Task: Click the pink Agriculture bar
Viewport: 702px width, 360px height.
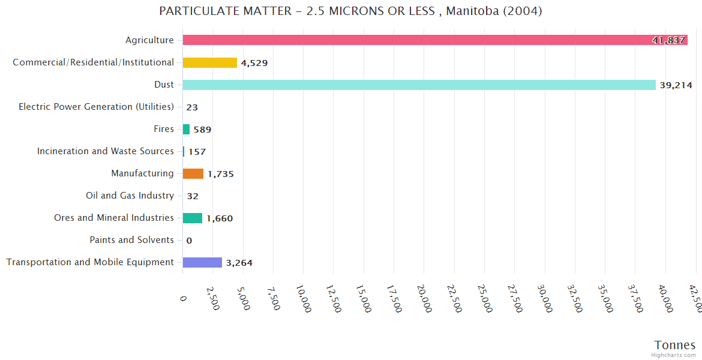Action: pos(420,40)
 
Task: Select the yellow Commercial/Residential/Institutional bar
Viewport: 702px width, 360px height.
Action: pos(210,62)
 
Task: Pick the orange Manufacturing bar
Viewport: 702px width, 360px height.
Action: pos(193,173)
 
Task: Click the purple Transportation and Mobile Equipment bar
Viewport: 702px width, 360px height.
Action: pos(202,262)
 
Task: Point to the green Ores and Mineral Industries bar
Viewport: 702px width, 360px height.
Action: pos(193,218)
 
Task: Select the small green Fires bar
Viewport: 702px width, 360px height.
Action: pos(186,129)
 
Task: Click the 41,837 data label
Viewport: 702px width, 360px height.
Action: pos(668,40)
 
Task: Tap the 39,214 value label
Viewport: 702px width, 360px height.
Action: pos(676,85)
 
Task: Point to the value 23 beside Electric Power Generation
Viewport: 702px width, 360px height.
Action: pos(192,107)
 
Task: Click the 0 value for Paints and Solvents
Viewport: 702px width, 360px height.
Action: pos(189,241)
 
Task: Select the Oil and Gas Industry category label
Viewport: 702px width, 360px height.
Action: pos(130,196)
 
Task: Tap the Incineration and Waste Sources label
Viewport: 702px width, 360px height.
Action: pos(106,151)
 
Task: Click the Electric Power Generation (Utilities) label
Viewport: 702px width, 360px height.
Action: pos(96,107)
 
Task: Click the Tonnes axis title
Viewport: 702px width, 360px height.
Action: pos(675,345)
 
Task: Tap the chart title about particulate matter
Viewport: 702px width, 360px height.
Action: pos(351,11)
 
